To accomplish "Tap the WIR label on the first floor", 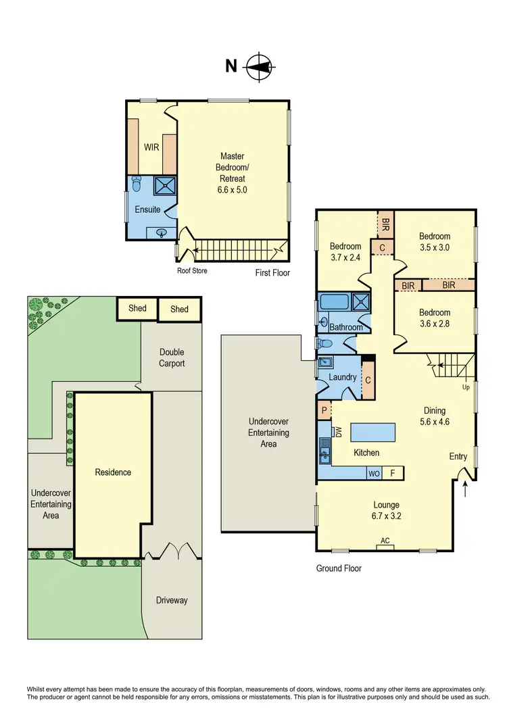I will [x=151, y=147].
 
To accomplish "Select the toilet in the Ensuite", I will [x=137, y=184].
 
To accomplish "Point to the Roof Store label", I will [x=192, y=271].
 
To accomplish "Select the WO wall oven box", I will [x=374, y=473].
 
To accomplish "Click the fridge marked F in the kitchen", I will [x=393, y=473].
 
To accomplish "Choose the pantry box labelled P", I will [x=324, y=410].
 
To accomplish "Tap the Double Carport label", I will [x=172, y=357].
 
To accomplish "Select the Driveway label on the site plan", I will [x=172, y=600].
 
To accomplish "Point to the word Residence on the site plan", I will [x=113, y=472].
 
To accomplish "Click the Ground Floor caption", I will [x=339, y=568].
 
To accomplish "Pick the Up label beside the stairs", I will [x=466, y=387].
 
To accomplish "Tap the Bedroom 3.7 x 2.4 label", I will [x=345, y=252].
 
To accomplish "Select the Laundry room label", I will [x=343, y=377].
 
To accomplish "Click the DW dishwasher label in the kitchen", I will [x=338, y=431].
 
